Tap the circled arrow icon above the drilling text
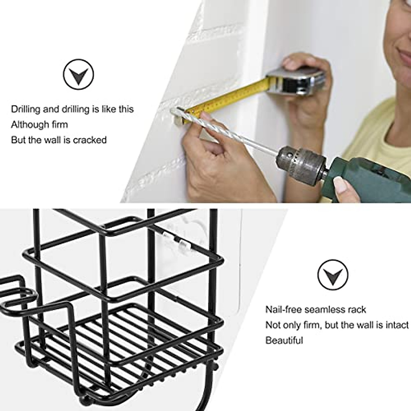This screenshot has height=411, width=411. click(78, 74)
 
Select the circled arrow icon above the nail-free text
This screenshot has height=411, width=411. click(333, 274)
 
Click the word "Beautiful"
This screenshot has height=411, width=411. click(284, 340)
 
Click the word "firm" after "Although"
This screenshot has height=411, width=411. click(60, 124)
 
